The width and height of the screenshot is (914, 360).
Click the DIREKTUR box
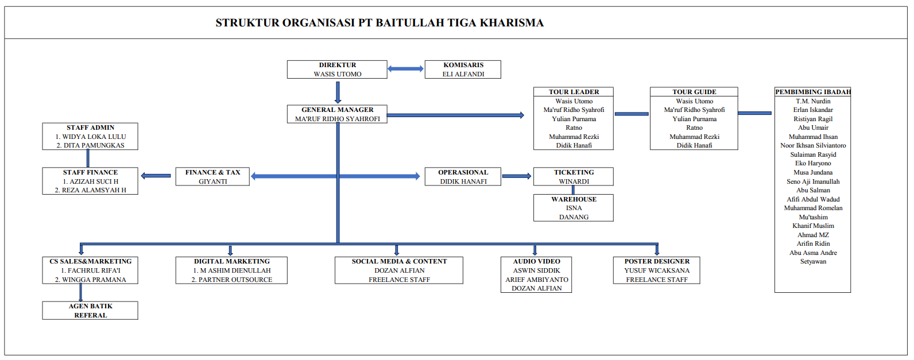tap(337, 69)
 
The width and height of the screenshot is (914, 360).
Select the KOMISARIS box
tap(463, 69)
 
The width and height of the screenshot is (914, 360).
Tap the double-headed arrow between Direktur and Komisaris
tap(405, 69)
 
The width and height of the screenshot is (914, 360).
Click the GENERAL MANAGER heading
tap(338, 110)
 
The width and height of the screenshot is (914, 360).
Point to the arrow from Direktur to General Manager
tap(338, 92)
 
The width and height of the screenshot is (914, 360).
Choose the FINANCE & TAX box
tap(212, 176)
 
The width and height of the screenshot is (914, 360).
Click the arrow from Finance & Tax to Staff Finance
tap(156, 176)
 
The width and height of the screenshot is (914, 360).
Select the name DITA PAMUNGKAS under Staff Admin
tap(90, 145)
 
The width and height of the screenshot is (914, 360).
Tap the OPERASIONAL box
tap(463, 176)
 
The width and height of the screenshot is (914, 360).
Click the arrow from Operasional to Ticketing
tap(517, 176)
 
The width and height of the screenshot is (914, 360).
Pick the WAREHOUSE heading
tap(574, 199)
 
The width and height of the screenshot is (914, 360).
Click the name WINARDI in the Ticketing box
tap(574, 181)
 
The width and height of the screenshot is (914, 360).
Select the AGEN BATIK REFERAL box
tap(90, 311)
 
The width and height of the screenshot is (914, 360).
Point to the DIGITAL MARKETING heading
tap(231, 261)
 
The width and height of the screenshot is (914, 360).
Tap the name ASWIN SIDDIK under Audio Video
tap(536, 270)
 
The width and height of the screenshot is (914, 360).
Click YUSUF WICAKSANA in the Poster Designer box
tap(657, 270)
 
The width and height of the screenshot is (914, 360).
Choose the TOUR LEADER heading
tap(574, 92)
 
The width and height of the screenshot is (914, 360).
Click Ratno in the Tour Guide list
tap(694, 127)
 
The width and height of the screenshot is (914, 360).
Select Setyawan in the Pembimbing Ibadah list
tap(813, 261)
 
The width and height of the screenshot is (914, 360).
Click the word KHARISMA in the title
tap(512, 23)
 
